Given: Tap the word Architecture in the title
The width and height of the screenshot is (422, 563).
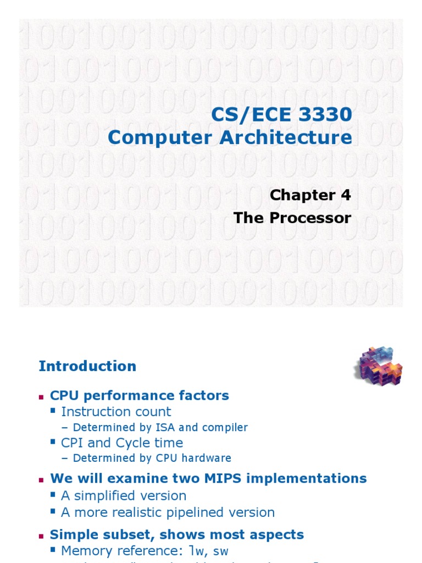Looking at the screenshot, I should coord(287,137).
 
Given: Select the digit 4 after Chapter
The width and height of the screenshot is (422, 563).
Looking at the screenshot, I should coord(345,195).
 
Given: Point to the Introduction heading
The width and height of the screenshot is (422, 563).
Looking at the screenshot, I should coord(87,366).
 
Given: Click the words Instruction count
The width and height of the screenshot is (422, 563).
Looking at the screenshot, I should coord(116,412).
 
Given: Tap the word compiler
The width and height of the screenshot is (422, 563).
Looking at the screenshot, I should coord(225,427).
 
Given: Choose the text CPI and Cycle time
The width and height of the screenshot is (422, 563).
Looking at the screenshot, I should coord(122,443).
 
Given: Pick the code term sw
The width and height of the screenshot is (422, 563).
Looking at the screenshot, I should coord(221,551).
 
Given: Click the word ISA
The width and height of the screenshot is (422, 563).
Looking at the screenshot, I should coord(159,427).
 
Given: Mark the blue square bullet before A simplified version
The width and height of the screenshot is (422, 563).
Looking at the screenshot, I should coord(53,495).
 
